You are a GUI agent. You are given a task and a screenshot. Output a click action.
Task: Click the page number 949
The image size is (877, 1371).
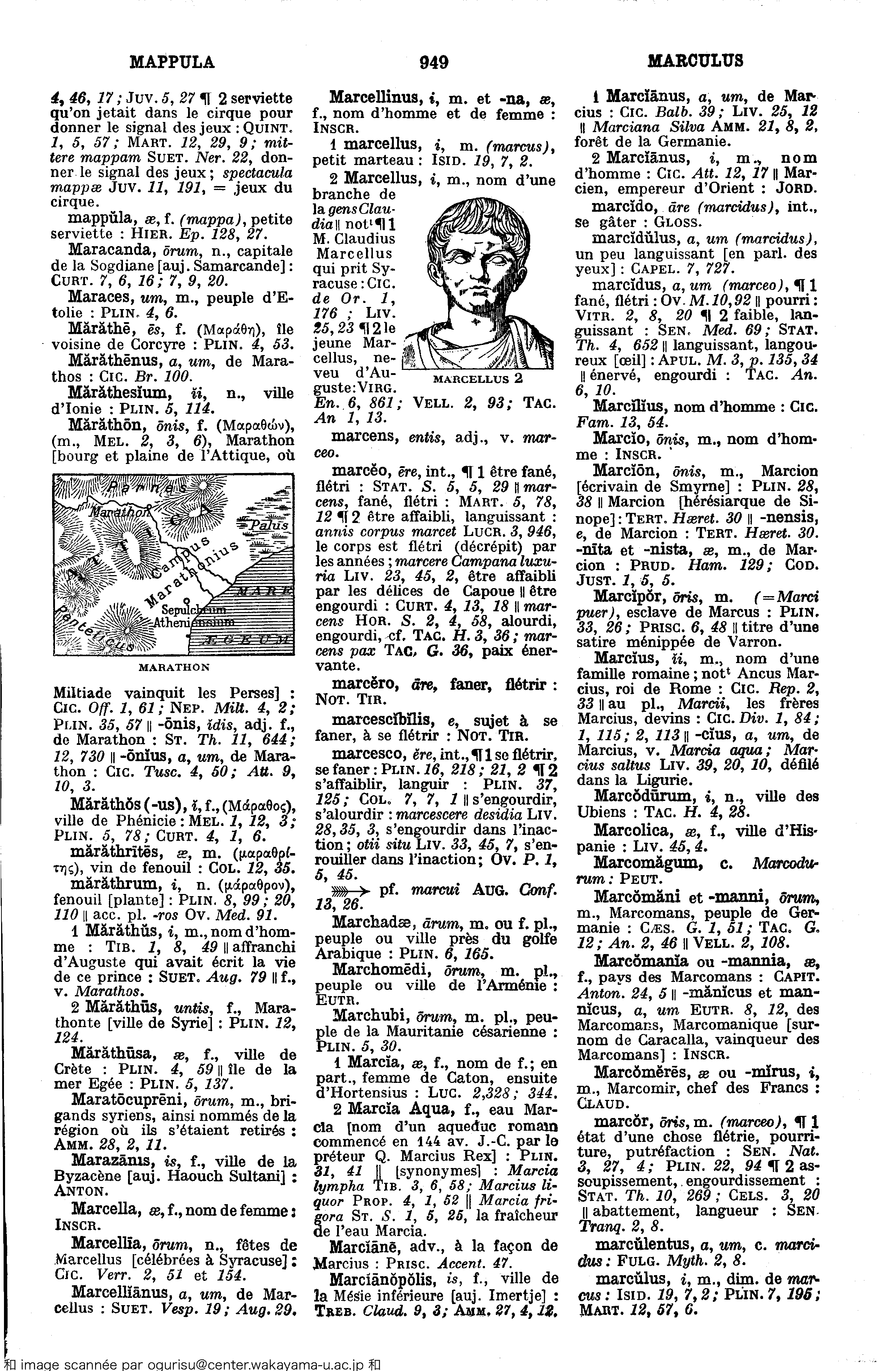(434, 62)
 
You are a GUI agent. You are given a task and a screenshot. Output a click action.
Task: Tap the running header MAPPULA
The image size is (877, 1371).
(173, 62)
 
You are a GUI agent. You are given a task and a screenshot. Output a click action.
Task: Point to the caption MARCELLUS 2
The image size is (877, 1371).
(478, 378)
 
